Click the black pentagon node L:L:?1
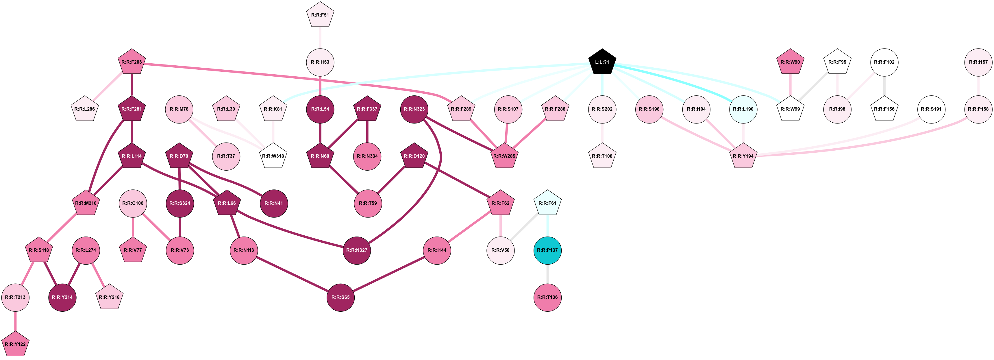602,62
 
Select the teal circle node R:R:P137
547,250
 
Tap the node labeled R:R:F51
320,15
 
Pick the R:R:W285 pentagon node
504,156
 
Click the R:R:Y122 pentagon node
15,344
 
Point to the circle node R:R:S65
340,297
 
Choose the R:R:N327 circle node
357,250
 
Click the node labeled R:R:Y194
743,156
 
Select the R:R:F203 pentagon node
132,62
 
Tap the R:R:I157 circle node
978,62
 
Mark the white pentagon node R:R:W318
273,156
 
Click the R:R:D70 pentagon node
179,156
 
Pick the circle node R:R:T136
547,297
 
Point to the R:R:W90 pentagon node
790,62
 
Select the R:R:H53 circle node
320,62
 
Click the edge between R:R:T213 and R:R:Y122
15,321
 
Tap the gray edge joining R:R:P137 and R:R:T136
547,274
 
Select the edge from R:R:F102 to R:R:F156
884,86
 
